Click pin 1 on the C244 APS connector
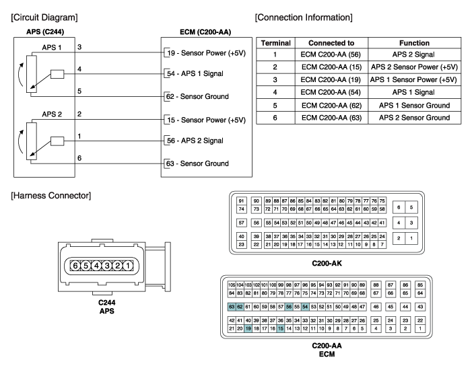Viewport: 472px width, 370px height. [127, 266]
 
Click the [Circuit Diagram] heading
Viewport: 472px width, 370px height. [40, 16]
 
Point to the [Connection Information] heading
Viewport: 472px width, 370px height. [304, 16]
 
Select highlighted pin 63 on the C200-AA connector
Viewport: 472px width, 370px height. [232, 306]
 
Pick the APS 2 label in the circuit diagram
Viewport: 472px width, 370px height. [53, 115]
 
